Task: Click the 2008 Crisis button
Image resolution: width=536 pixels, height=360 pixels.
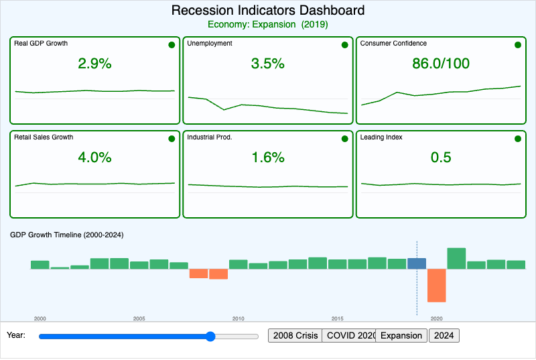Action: click(295, 335)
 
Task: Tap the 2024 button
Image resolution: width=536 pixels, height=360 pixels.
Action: click(444, 335)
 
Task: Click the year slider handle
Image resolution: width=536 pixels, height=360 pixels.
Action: click(210, 336)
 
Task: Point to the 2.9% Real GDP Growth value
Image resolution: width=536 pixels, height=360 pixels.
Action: click(94, 64)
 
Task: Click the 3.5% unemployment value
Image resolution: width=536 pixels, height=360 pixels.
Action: click(267, 64)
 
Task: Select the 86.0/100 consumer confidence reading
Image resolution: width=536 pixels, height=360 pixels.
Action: click(440, 64)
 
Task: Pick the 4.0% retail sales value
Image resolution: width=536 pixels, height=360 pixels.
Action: click(94, 158)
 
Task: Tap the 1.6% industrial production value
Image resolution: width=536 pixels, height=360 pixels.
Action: click(267, 158)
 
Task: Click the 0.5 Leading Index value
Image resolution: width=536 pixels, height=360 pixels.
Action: click(440, 158)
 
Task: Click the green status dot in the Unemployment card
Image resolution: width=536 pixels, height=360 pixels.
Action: click(344, 45)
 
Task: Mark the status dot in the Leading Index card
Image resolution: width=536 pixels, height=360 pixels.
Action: click(517, 139)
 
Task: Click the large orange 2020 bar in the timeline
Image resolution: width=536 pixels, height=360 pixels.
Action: click(436, 286)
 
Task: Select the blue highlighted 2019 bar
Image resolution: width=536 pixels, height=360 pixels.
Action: click(417, 263)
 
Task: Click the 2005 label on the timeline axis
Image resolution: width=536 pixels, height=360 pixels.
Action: click(139, 318)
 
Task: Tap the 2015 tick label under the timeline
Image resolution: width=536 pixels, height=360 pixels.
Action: click(337, 318)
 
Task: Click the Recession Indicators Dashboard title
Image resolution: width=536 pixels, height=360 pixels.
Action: click(268, 11)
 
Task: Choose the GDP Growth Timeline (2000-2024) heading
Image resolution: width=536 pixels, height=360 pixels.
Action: click(67, 235)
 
